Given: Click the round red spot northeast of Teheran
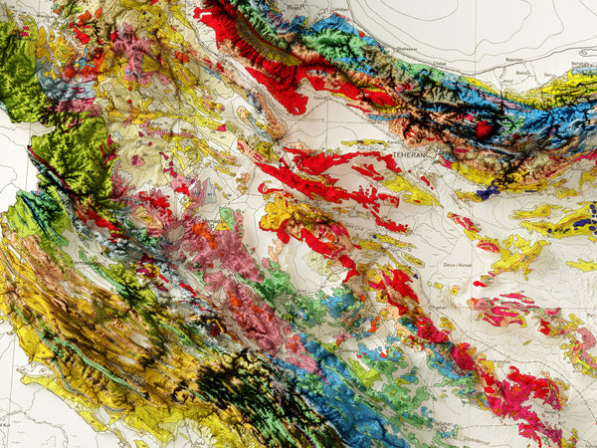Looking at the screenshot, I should (x=484, y=129).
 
